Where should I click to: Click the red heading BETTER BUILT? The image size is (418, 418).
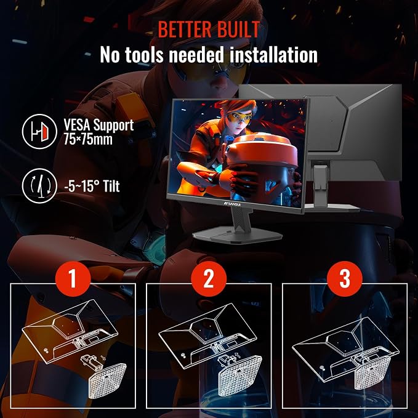click(209, 29)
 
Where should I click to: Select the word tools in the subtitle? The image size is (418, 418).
click(144, 55)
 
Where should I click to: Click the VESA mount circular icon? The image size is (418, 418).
click(39, 131)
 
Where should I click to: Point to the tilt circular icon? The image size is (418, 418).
click(39, 186)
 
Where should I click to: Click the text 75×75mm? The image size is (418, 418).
click(88, 139)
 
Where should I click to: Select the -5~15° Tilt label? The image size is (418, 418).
click(92, 186)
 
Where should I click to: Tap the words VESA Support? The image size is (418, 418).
click(98, 125)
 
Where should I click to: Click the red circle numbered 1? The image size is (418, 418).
click(73, 279)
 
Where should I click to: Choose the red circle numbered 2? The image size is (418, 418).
click(209, 279)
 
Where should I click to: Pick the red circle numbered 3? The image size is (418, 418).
click(345, 279)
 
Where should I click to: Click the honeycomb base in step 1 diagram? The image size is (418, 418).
click(107, 380)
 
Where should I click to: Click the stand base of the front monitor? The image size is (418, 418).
click(237, 235)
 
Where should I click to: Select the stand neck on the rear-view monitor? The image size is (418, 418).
click(320, 185)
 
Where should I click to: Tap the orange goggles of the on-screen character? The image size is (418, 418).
click(239, 116)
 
